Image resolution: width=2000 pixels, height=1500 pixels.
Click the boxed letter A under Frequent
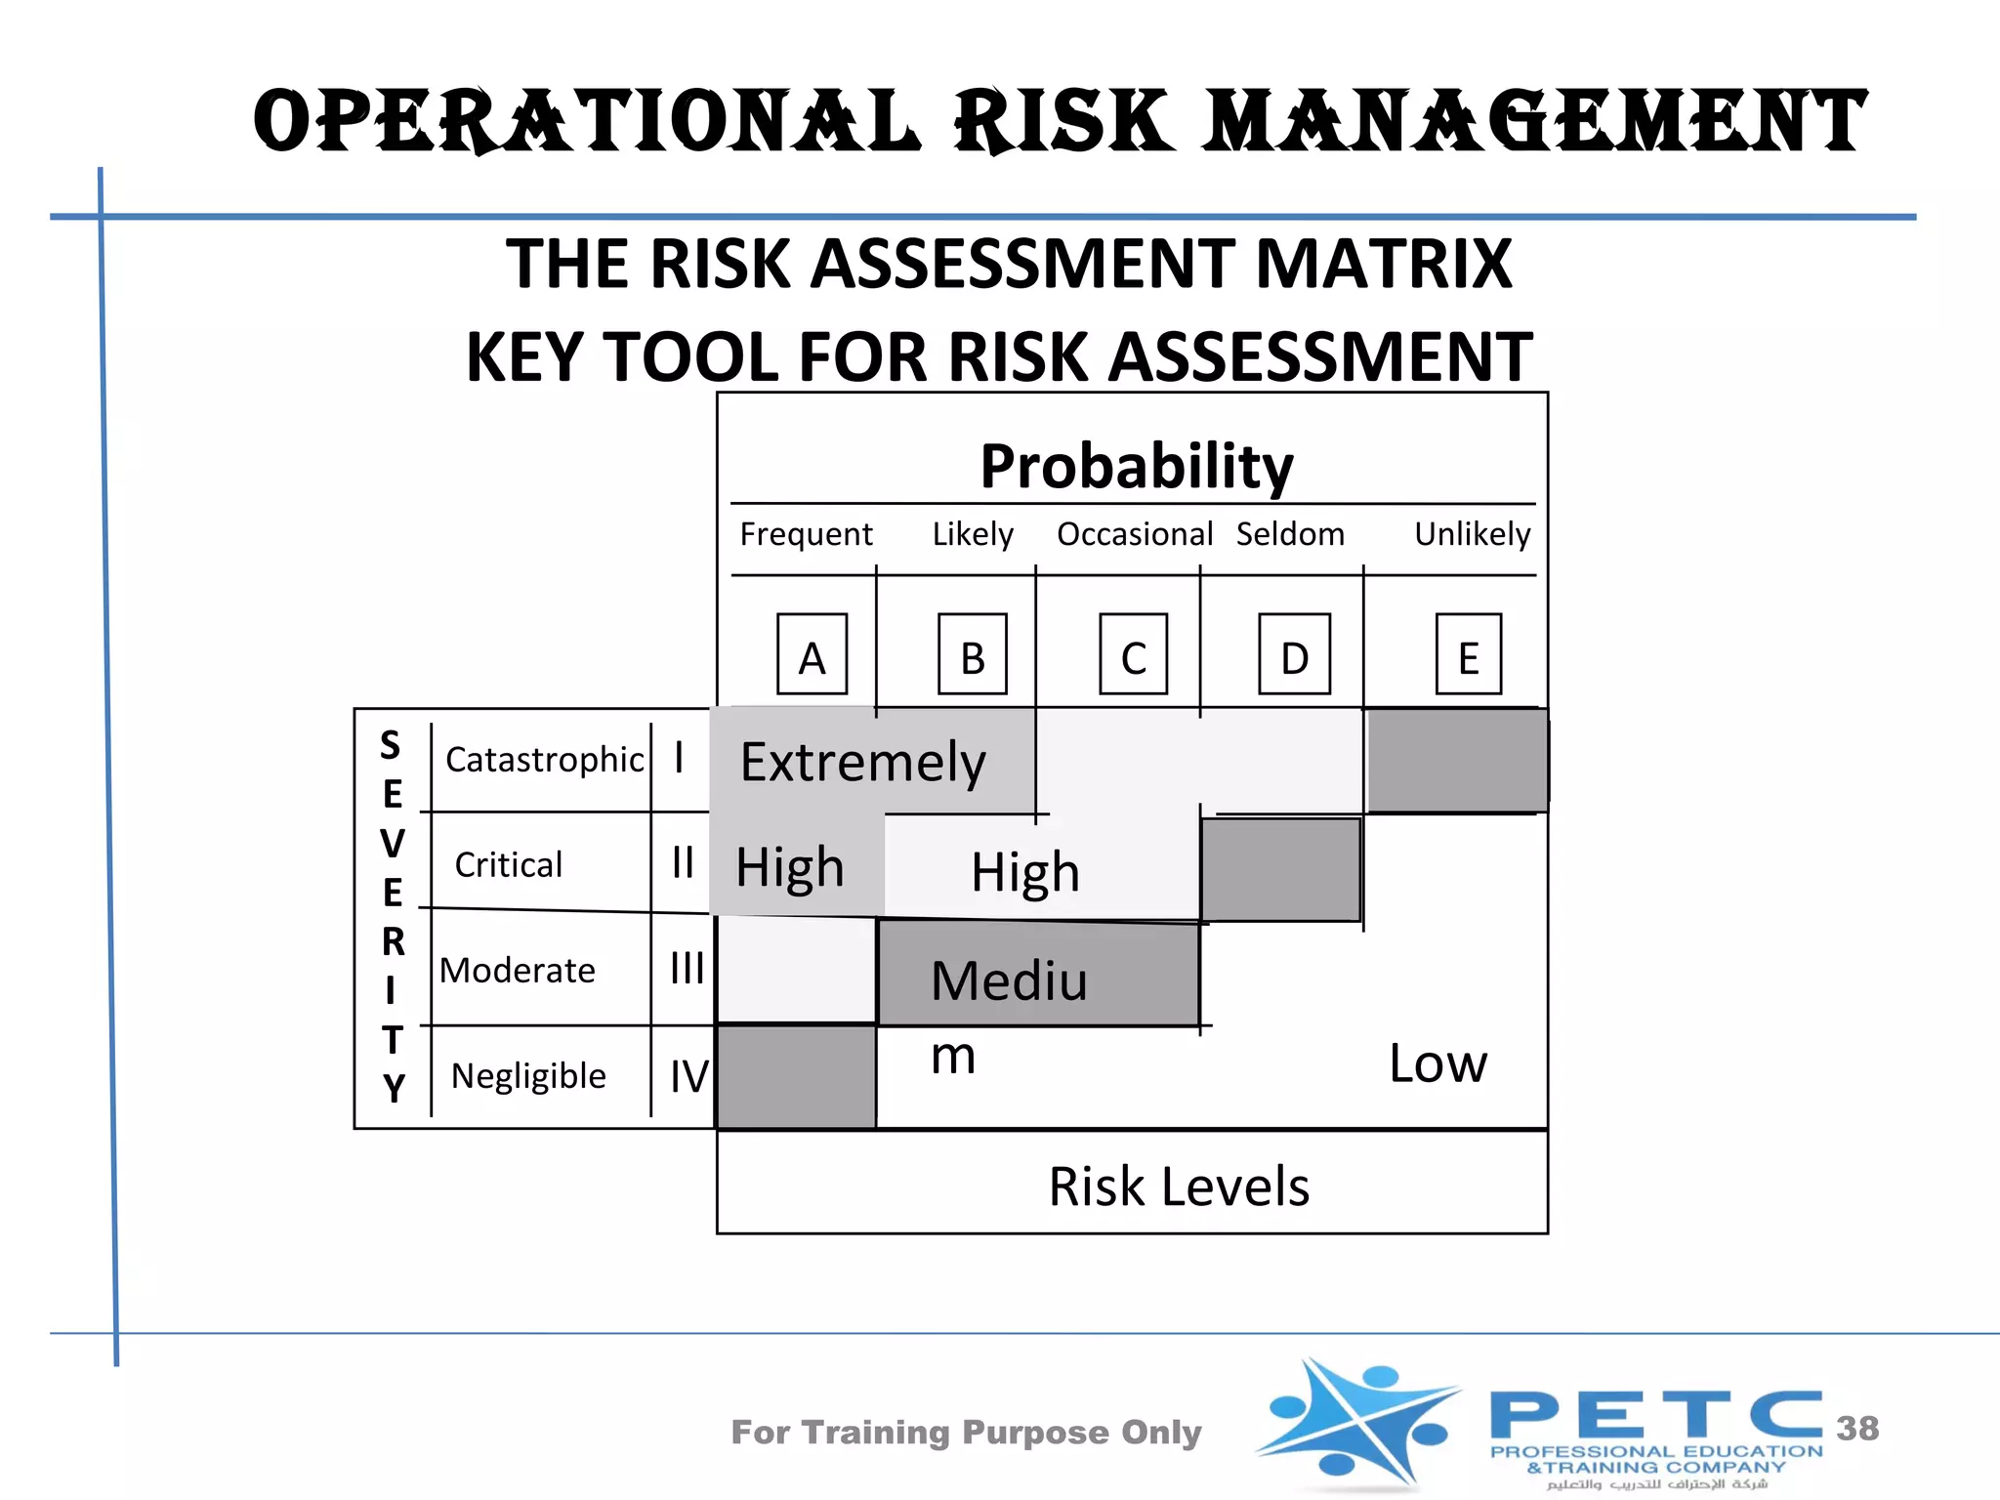812,654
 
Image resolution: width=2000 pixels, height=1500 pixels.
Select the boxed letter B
972,654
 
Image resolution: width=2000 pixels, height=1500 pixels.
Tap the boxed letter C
1133,654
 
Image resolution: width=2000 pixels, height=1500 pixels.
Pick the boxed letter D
1294,654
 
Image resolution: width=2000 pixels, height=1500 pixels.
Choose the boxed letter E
1468,654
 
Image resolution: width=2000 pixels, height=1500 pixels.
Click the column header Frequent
806,534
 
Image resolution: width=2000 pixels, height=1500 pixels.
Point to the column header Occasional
1134,534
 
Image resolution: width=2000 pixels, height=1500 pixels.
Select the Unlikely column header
1472,534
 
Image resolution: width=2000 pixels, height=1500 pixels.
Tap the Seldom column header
1290,534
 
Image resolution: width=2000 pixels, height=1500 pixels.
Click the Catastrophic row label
544,760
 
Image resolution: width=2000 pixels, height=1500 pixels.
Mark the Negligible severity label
528,1075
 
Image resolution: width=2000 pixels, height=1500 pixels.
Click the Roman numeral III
687,969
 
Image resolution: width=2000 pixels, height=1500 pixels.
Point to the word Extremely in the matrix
862,763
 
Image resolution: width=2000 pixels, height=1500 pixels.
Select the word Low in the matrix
1437,1063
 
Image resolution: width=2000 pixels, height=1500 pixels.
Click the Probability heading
1137,466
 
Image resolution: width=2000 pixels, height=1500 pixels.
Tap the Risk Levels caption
1179,1187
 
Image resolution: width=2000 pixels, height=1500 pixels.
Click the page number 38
1857,1428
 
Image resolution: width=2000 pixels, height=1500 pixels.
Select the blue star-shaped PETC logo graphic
1357,1424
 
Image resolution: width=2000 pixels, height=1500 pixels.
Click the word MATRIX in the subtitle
1383,264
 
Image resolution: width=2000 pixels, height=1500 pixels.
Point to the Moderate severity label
517,970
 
